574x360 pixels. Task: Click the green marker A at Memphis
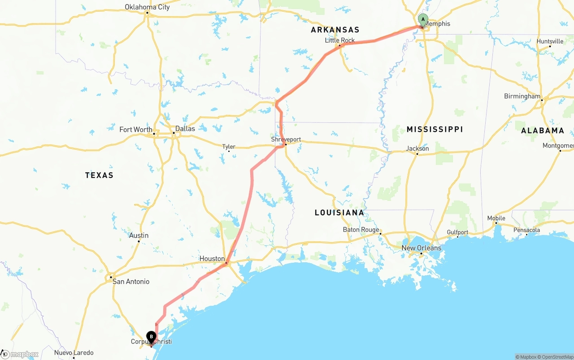pyautogui.click(x=423, y=20)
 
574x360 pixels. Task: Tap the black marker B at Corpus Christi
pyautogui.click(x=152, y=337)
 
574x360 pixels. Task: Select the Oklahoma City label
pyautogui.click(x=147, y=7)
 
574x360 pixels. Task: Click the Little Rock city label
pyautogui.click(x=339, y=40)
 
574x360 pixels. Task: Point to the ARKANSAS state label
pyautogui.click(x=335, y=30)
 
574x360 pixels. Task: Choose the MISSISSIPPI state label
pyautogui.click(x=435, y=129)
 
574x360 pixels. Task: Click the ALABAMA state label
pyautogui.click(x=542, y=130)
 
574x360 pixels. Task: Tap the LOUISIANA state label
pyautogui.click(x=339, y=213)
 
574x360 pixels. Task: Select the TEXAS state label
pyautogui.click(x=99, y=175)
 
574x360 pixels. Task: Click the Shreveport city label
pyautogui.click(x=286, y=139)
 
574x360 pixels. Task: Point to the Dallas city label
pyautogui.click(x=185, y=129)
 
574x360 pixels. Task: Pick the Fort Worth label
pyautogui.click(x=135, y=130)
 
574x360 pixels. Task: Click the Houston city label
pyautogui.click(x=212, y=259)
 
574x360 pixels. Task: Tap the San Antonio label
pyautogui.click(x=130, y=282)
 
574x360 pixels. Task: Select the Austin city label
pyautogui.click(x=139, y=235)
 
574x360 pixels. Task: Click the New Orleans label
pyautogui.click(x=421, y=248)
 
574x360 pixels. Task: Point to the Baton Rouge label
pyautogui.click(x=361, y=230)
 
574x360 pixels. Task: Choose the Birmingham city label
pyautogui.click(x=522, y=96)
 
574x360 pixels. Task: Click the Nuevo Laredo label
pyautogui.click(x=74, y=353)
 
